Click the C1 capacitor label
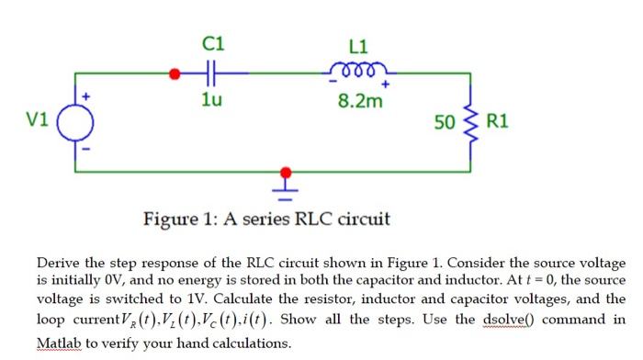coord(212,43)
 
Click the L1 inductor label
coord(359,46)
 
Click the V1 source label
coord(37,119)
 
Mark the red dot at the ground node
coord(286,171)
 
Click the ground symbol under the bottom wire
coord(286,191)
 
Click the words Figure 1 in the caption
coord(179,219)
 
